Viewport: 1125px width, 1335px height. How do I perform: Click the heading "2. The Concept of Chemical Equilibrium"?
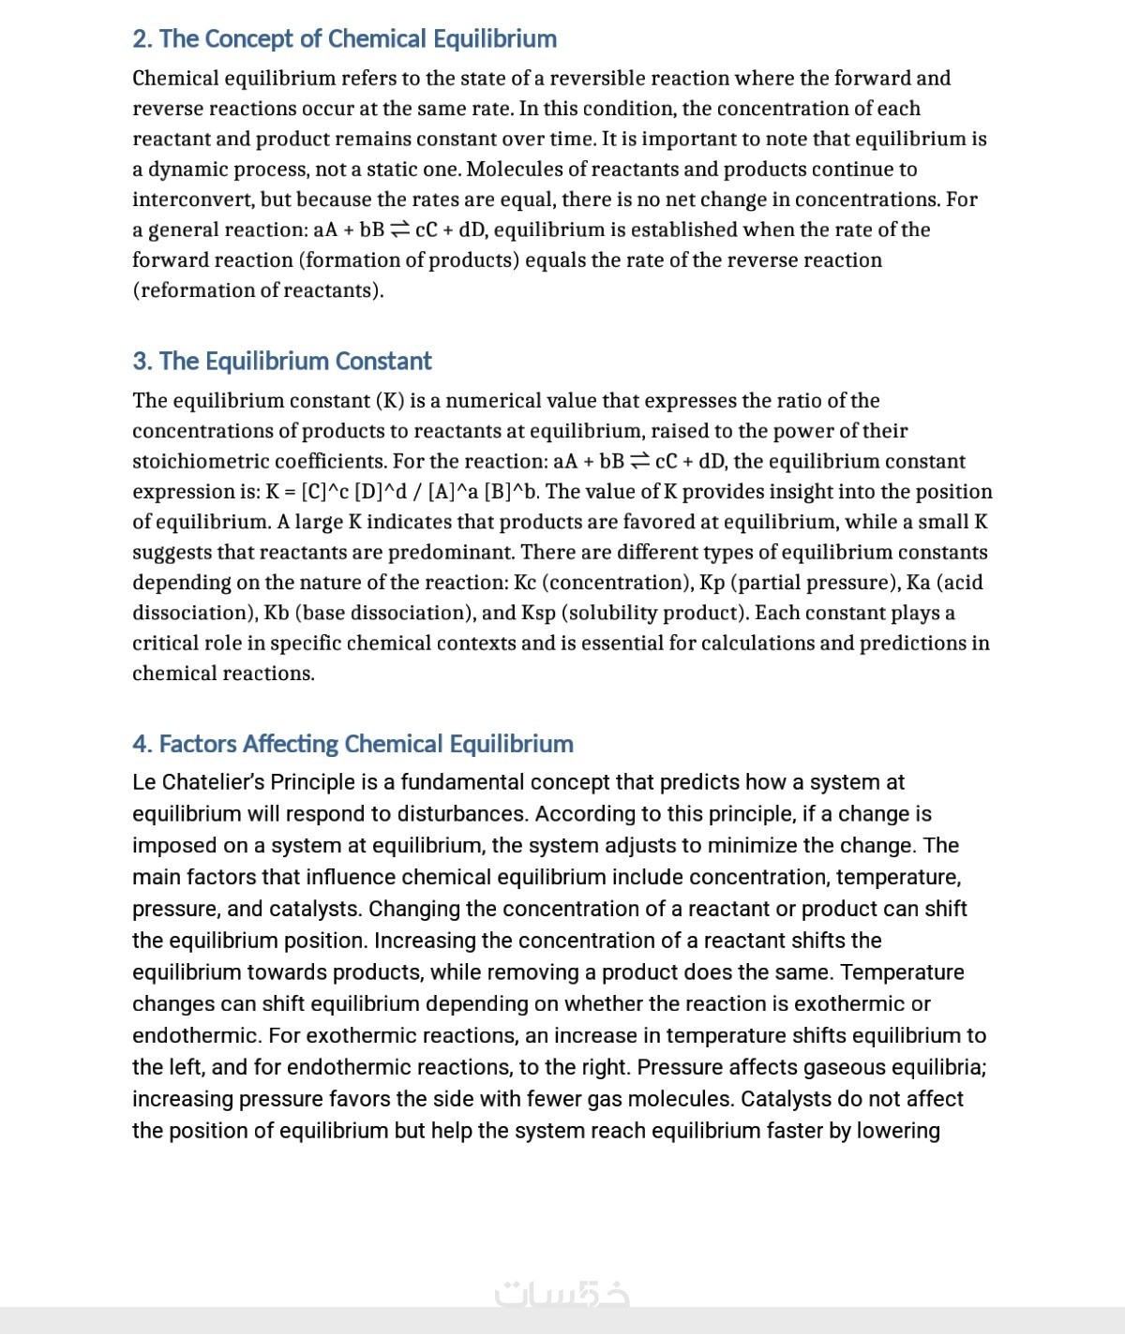[344, 39]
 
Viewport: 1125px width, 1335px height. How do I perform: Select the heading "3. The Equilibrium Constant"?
[281, 362]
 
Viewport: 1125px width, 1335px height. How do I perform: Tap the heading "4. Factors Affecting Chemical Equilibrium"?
[352, 744]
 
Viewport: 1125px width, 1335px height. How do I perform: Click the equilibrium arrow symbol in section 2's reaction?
[399, 230]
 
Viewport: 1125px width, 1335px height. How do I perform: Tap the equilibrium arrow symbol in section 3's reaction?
[640, 461]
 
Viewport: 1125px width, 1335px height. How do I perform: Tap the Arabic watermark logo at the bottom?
[562, 1294]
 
